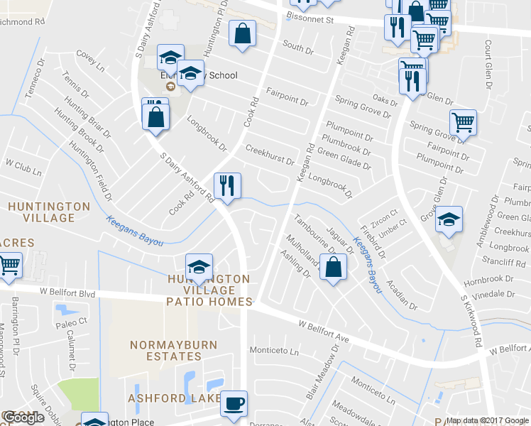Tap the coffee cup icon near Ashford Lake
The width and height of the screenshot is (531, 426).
tap(233, 404)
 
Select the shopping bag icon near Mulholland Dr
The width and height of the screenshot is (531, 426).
tap(332, 268)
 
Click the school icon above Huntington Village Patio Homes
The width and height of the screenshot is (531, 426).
tap(199, 268)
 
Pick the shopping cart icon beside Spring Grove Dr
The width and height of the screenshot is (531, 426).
tap(463, 122)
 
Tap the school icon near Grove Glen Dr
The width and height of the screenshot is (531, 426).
tap(449, 220)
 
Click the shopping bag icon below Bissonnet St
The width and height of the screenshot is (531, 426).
tap(243, 33)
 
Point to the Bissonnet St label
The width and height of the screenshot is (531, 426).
tap(310, 20)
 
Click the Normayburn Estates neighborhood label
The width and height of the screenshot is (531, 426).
tap(165, 350)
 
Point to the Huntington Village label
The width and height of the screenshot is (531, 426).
tap(49, 212)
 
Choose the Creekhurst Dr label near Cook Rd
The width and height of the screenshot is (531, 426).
tap(269, 155)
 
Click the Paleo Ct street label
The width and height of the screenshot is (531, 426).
tap(72, 322)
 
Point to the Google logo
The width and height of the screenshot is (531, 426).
tap(24, 417)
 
